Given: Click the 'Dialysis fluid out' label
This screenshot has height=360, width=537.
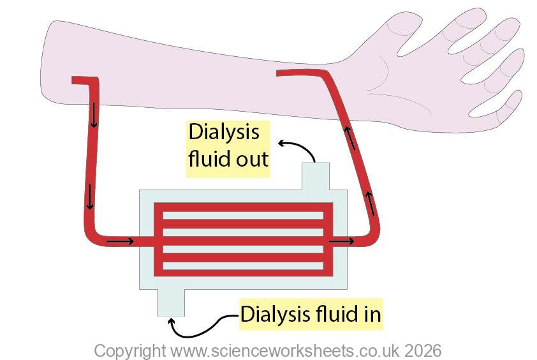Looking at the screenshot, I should click(x=228, y=145).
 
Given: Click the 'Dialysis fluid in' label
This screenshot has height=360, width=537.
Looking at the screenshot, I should click(x=310, y=314).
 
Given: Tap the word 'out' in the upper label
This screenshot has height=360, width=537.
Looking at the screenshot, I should click(x=248, y=158).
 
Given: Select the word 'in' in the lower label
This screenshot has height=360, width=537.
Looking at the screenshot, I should click(x=370, y=314).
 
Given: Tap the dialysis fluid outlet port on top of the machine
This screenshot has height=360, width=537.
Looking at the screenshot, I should click(x=315, y=175).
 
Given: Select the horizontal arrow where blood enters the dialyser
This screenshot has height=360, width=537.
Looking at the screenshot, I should click(x=120, y=241).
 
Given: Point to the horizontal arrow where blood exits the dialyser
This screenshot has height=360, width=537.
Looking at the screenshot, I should click(x=341, y=241).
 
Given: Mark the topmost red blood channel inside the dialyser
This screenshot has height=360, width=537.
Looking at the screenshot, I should click(x=244, y=207).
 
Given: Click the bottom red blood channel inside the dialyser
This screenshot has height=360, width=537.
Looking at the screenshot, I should click(x=244, y=271).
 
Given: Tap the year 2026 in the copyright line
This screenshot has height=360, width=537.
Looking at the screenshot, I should click(x=421, y=350).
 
